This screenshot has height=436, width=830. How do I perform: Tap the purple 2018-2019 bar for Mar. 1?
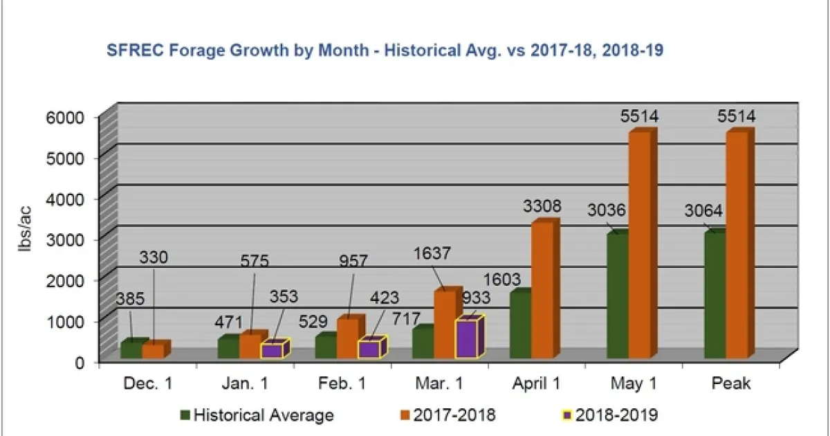(466, 339)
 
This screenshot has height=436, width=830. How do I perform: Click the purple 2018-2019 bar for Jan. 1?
(271, 350)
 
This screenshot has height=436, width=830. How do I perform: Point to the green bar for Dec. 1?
(131, 349)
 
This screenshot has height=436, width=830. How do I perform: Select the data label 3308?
(542, 206)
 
